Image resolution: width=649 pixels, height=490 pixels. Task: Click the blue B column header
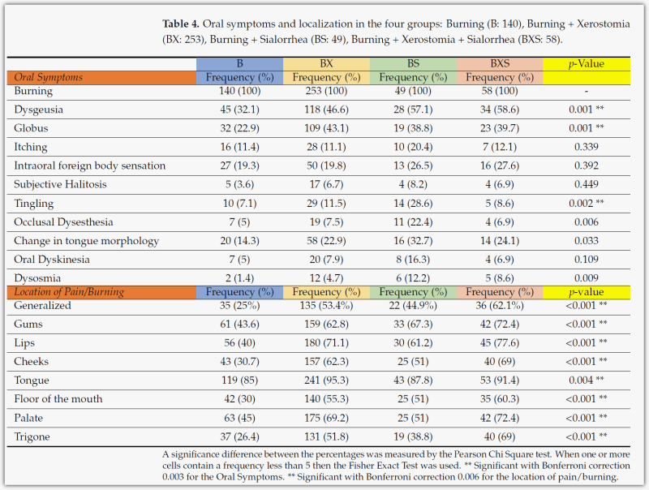pyautogui.click(x=239, y=64)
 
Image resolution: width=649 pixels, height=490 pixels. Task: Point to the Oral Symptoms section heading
pyautogui.click(x=49, y=78)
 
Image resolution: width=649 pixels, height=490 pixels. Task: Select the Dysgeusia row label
pyautogui.click(x=39, y=110)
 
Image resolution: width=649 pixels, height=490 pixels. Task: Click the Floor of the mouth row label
pyautogui.click(x=59, y=399)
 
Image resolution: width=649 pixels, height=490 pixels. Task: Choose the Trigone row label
pyautogui.click(x=33, y=436)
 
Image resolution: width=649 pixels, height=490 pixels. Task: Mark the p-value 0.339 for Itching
pyautogui.click(x=581, y=147)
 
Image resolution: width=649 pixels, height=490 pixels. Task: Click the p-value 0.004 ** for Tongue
pyautogui.click(x=584, y=380)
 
